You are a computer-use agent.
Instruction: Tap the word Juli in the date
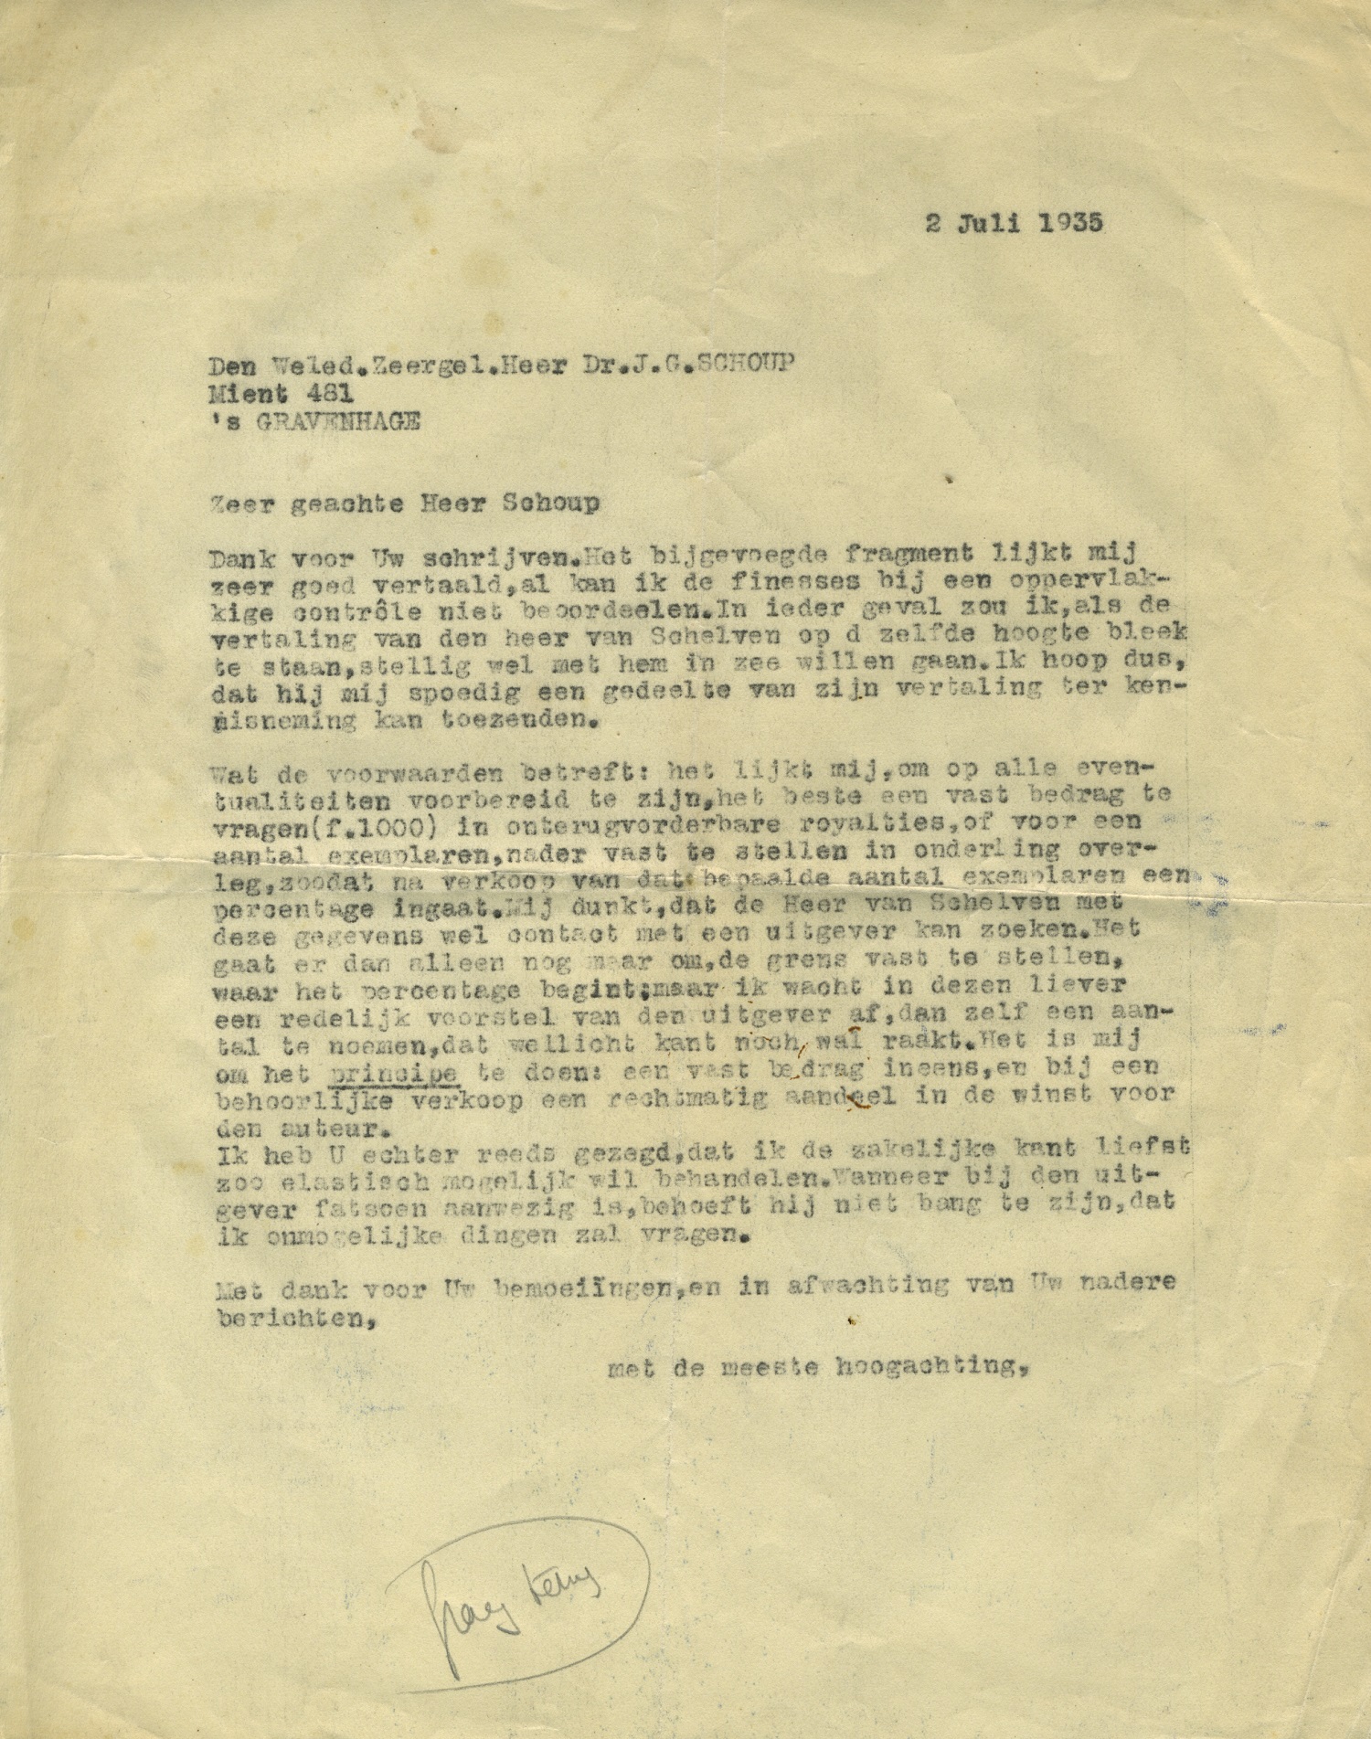coord(979,224)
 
